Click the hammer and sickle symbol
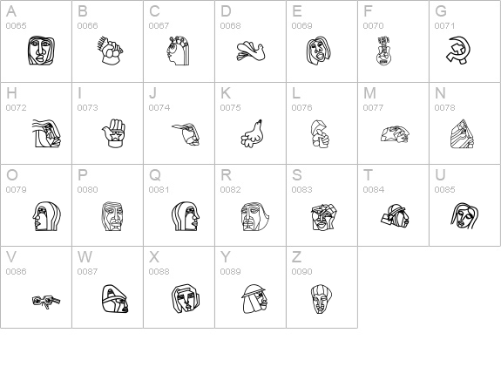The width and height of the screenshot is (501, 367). coord(457,51)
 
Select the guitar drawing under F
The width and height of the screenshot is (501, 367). coord(383,51)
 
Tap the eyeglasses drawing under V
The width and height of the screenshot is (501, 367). coord(46,302)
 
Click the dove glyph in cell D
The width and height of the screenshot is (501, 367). coord(251,51)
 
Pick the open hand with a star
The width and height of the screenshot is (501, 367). coord(114,133)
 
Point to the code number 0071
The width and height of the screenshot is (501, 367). coord(444,25)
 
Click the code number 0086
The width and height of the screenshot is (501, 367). coord(16,271)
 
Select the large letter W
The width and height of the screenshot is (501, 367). coord(85,256)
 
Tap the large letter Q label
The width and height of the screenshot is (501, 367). coord(155,175)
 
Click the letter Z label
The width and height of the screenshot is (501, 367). coord(296,256)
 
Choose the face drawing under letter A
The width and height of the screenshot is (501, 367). coord(41,51)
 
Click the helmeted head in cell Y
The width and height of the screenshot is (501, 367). coord(254,299)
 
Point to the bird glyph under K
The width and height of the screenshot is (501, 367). coord(252,133)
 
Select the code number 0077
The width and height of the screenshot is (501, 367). coord(373,108)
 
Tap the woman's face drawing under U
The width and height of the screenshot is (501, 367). coord(464,215)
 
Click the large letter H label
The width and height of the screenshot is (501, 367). coord(11,93)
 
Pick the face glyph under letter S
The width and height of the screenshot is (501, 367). coord(324,217)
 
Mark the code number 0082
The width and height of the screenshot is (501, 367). coord(230,189)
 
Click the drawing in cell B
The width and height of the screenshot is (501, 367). coord(110,51)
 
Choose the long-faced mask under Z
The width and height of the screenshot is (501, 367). coord(322,299)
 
